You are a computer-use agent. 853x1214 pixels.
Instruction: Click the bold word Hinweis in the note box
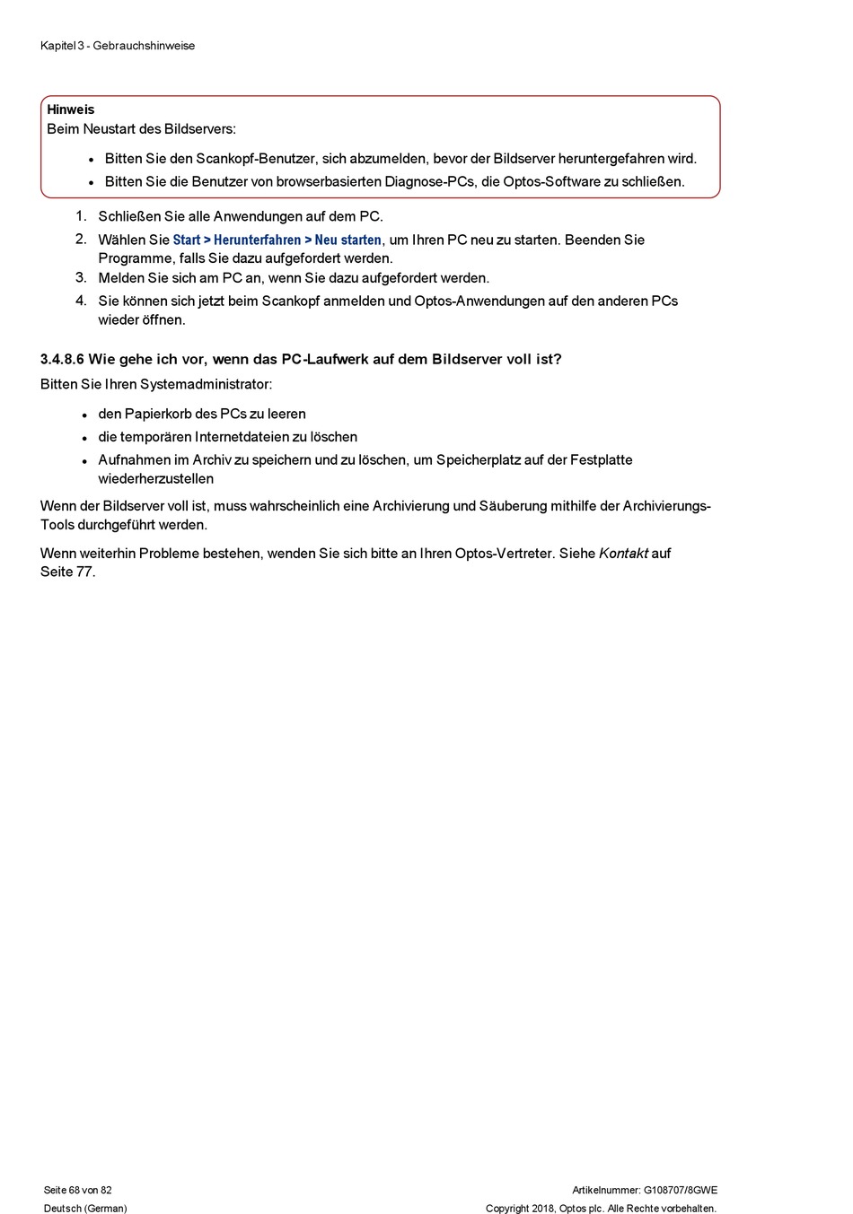[70, 109]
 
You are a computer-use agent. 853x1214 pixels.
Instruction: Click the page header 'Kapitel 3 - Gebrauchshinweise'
[118, 46]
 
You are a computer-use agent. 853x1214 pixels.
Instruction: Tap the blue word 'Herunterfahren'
[257, 240]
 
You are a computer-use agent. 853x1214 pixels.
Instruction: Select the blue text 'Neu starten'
[347, 240]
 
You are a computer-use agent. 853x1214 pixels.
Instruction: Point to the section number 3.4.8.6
[62, 360]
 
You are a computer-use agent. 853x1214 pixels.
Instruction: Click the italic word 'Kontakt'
[623, 554]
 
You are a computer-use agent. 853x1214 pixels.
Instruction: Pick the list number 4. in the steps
[81, 301]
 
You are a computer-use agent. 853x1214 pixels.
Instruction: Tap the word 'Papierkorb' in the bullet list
[158, 415]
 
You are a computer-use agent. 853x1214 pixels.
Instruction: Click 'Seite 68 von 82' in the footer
[78, 1191]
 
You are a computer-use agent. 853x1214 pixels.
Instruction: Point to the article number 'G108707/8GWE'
[680, 1191]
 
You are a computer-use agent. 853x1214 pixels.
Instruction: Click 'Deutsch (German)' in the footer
[85, 1209]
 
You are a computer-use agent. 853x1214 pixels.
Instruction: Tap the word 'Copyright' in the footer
[507, 1209]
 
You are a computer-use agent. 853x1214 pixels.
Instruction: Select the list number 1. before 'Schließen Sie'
[81, 216]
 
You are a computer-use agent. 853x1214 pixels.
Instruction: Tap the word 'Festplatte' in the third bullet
[601, 460]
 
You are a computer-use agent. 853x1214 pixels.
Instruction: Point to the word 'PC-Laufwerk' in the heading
[325, 360]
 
